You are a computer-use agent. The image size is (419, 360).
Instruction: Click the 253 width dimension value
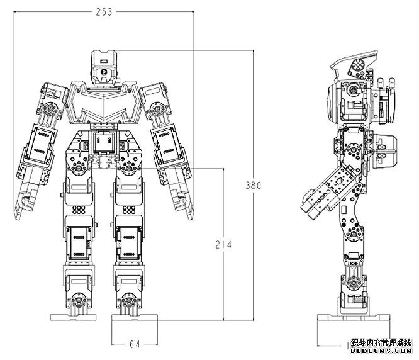[x=104, y=12]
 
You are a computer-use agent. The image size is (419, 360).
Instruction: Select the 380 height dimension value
[x=253, y=185]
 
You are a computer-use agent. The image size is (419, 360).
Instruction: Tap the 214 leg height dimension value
[x=223, y=245]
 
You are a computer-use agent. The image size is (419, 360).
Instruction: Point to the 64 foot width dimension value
[x=135, y=344]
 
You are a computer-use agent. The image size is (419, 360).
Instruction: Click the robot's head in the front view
[x=104, y=67]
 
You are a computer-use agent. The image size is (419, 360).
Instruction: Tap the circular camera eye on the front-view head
[x=103, y=72]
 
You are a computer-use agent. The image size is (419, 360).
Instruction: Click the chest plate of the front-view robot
[x=104, y=103]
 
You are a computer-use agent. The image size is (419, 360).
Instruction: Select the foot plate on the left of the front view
[x=73, y=317]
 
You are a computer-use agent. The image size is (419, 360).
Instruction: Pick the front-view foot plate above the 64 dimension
[x=135, y=317]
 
